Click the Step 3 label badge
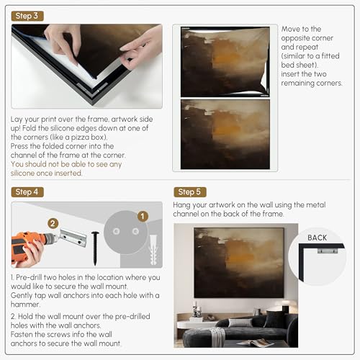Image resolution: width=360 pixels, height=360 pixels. (x=27, y=16)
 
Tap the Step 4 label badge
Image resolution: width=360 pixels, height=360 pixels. (x=27, y=192)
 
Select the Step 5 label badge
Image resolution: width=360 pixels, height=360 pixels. (x=190, y=192)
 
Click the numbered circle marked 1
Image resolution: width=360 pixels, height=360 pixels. (x=143, y=216)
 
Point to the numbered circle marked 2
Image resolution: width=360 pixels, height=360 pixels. (x=53, y=224)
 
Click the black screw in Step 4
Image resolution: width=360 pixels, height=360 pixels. (x=95, y=248)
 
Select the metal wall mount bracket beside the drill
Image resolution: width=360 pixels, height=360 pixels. (x=73, y=238)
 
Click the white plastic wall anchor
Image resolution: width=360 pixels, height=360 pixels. (x=153, y=250)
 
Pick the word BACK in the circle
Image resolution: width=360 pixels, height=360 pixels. (x=317, y=238)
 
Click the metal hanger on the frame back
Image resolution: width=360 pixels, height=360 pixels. (x=328, y=251)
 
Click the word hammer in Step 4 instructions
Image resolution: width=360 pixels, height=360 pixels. (x=24, y=305)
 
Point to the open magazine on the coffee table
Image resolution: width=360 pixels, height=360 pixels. (x=256, y=343)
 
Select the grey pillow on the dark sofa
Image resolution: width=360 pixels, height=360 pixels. (x=240, y=323)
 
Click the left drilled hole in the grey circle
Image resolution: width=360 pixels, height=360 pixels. (x=117, y=231)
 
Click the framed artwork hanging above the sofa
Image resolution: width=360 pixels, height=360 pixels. (x=239, y=263)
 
